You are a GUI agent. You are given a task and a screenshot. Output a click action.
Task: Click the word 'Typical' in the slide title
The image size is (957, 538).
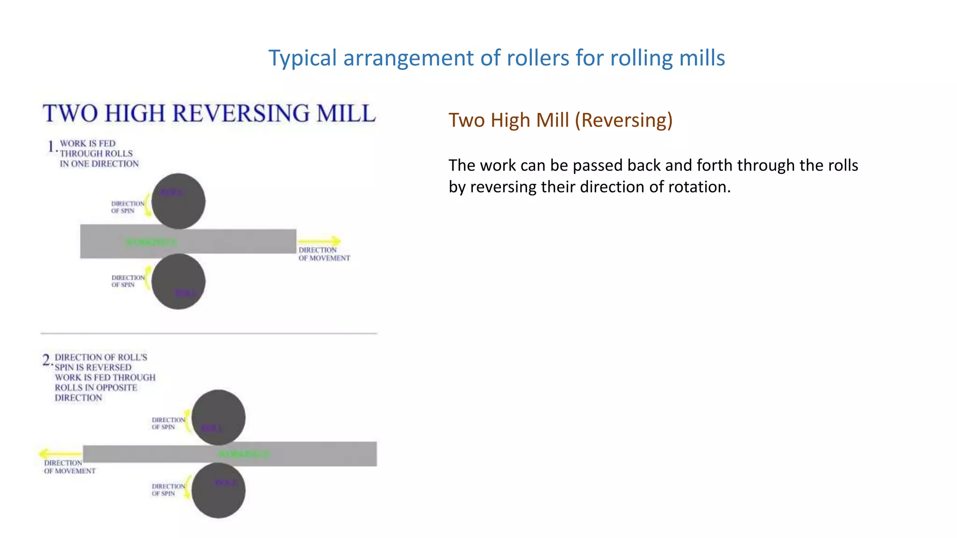click(302, 58)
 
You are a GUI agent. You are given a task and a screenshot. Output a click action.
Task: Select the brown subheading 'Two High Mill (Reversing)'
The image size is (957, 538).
click(560, 120)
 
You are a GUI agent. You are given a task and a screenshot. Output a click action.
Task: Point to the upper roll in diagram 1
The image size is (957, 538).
click(179, 201)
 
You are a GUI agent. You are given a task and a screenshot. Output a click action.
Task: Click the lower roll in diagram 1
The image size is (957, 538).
click(179, 282)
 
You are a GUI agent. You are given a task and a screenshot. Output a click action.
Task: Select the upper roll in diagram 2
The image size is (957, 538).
click(218, 417)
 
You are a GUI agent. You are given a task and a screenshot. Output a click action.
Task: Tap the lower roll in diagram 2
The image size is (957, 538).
click(218, 490)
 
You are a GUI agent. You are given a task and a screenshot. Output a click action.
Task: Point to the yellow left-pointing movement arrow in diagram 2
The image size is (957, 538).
click(60, 453)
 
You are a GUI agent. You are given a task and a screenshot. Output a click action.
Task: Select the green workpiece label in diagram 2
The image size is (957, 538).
click(244, 454)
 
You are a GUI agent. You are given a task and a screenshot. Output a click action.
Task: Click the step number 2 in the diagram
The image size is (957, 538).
click(46, 360)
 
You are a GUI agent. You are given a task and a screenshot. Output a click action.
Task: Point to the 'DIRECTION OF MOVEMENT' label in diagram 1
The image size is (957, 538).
click(324, 254)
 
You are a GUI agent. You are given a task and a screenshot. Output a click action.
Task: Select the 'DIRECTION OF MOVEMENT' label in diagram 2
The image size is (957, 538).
click(69, 467)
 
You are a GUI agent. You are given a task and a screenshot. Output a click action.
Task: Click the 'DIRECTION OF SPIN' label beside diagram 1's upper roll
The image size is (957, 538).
click(127, 207)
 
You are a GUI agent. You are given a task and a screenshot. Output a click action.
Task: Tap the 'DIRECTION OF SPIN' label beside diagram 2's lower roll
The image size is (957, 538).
click(168, 490)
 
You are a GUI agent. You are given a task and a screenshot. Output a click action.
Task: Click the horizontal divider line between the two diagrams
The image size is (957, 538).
click(208, 333)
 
